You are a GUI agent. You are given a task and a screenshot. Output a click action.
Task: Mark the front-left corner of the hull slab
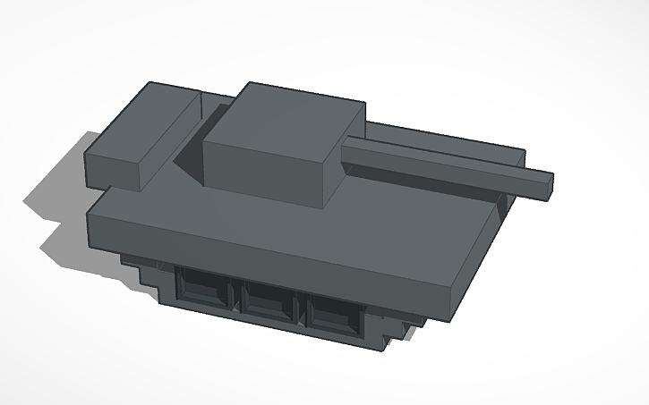[x=90, y=215]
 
